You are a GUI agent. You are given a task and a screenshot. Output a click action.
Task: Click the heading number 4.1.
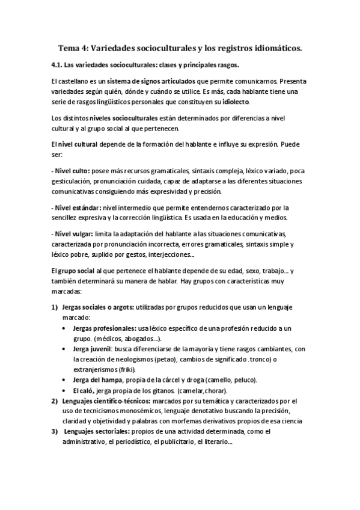pyautogui.click(x=58, y=65)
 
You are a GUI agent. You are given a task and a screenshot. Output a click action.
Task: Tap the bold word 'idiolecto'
pyautogui.click(x=232, y=102)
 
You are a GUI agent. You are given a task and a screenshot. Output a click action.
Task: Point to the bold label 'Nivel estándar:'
pyautogui.click(x=77, y=207)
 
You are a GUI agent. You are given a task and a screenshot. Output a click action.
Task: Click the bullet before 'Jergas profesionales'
pyautogui.click(x=65, y=328)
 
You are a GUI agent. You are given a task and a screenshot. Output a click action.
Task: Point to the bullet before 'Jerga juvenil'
pyautogui.click(x=65, y=349)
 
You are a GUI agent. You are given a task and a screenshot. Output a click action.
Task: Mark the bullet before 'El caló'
pyautogui.click(x=65, y=390)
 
